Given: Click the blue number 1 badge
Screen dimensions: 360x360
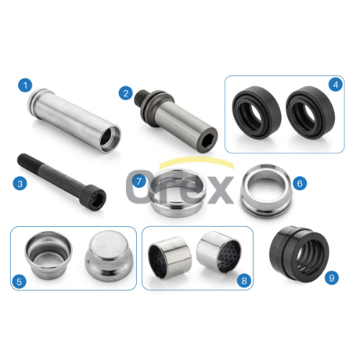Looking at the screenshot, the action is pyautogui.click(x=25, y=85).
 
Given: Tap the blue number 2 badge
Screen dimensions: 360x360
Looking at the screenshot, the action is pyautogui.click(x=126, y=93).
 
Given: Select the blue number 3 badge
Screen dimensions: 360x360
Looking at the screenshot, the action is pyautogui.click(x=20, y=184).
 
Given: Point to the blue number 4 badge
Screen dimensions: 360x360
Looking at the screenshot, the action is pyautogui.click(x=336, y=84).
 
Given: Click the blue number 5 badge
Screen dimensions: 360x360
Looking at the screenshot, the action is pyautogui.click(x=19, y=282).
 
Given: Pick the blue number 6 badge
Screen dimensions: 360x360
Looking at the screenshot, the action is pyautogui.click(x=300, y=184).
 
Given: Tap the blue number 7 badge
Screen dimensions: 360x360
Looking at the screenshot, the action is pyautogui.click(x=139, y=181).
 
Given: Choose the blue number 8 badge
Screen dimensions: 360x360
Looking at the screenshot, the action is pyautogui.click(x=244, y=281).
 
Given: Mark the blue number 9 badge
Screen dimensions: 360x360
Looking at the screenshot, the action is pyautogui.click(x=332, y=278).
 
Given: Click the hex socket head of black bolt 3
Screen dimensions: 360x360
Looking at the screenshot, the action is pyautogui.click(x=96, y=198).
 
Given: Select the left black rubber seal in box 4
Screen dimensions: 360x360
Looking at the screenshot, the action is pyautogui.click(x=256, y=112).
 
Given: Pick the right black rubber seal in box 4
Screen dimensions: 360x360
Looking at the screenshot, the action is pyautogui.click(x=310, y=112).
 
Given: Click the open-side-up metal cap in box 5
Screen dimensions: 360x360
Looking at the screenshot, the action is pyautogui.click(x=48, y=255).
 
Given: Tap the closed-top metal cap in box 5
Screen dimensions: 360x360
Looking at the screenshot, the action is pyautogui.click(x=109, y=256).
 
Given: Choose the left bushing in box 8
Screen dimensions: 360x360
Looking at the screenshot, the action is pyautogui.click(x=170, y=258).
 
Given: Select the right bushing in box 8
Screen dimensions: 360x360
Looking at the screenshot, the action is pyautogui.click(x=219, y=253).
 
